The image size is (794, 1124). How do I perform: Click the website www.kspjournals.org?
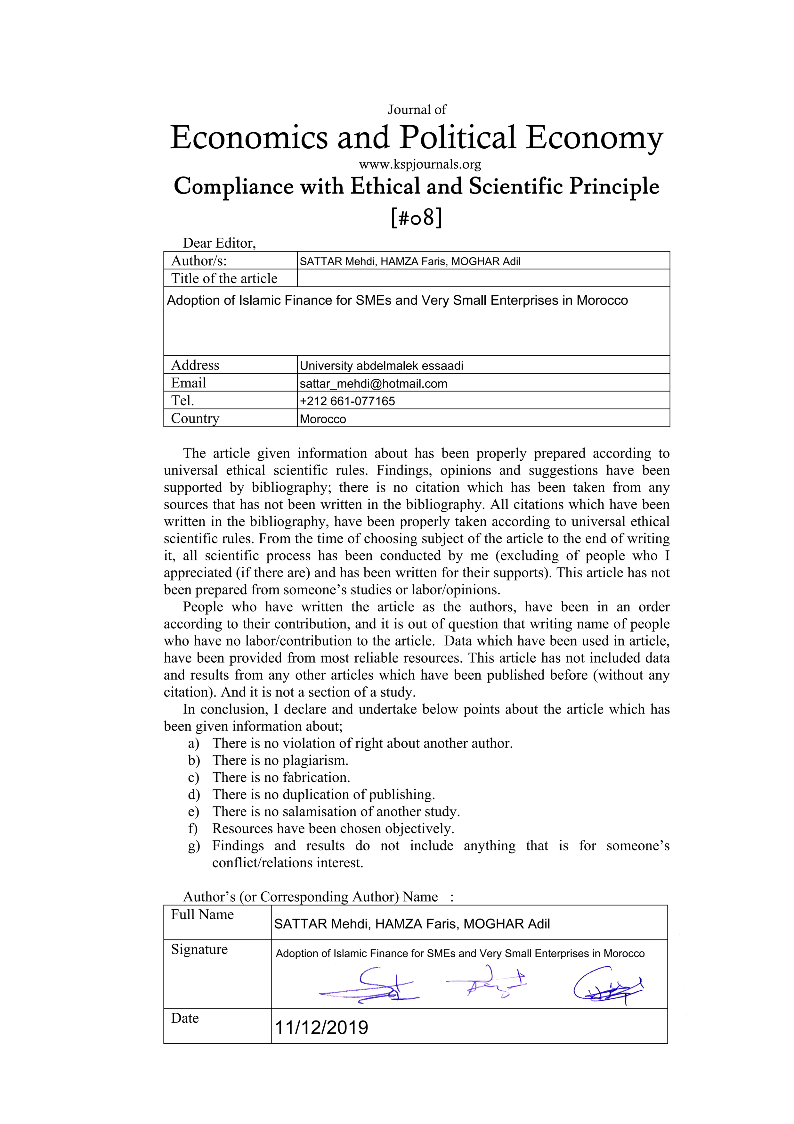[419, 164]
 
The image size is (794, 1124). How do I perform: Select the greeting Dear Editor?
[219, 243]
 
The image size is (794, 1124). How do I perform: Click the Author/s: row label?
[199, 260]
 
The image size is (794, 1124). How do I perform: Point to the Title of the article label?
[224, 278]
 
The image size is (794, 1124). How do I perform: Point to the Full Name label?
[202, 914]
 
